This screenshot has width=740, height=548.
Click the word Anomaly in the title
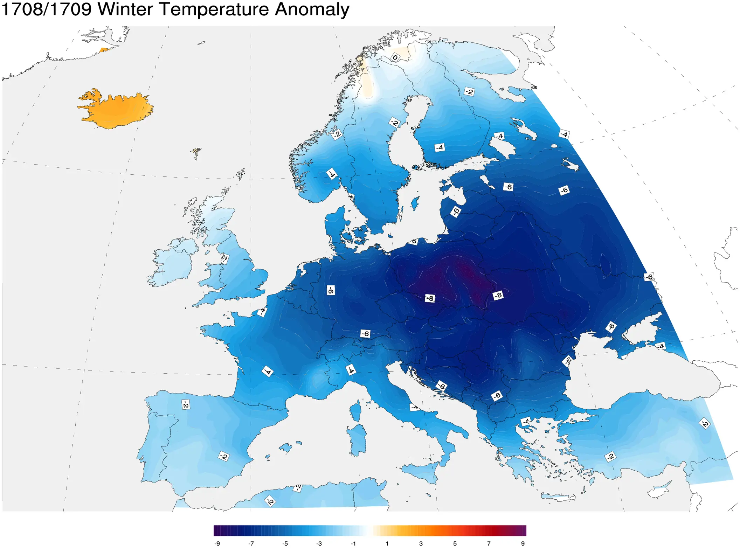point(311,9)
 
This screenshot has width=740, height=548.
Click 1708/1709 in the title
point(46,9)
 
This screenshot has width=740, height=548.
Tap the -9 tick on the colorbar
point(217,543)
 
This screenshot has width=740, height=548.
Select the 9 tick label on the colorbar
point(523,543)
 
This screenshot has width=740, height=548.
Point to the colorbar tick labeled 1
point(387,543)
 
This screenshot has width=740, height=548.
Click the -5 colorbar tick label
point(285,543)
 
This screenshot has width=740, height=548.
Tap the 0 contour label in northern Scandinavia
point(395,57)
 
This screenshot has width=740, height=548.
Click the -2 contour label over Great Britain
point(224,259)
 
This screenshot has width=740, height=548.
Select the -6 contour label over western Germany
point(331,290)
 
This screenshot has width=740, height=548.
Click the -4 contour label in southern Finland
point(440,147)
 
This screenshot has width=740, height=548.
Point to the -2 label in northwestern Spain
point(186,404)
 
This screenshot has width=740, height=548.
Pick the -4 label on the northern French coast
point(262,311)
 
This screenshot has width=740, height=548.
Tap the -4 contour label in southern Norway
point(331,174)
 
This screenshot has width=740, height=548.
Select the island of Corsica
point(355,411)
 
